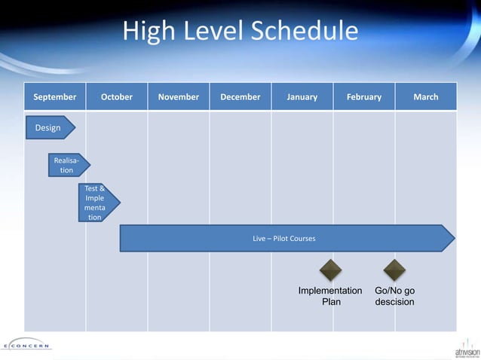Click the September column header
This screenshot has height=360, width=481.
tap(55, 97)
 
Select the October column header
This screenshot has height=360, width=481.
tap(117, 97)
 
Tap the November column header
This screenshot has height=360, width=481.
tap(179, 97)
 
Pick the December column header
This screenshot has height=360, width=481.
tap(240, 97)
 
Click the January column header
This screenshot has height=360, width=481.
tap(302, 97)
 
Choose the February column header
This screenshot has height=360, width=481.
tap(364, 97)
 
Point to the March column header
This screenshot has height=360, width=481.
tap(426, 97)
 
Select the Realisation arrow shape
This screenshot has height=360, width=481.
tap(69, 165)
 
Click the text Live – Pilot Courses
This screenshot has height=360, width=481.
tap(284, 239)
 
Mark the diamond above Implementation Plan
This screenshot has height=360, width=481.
tap(330, 270)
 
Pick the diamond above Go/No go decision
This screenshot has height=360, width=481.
tap(394, 270)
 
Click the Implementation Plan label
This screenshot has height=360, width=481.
tap(330, 296)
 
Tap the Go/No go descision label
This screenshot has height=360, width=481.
tap(395, 296)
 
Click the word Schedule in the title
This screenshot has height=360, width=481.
tap(305, 32)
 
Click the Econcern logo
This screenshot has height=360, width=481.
tap(27, 346)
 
